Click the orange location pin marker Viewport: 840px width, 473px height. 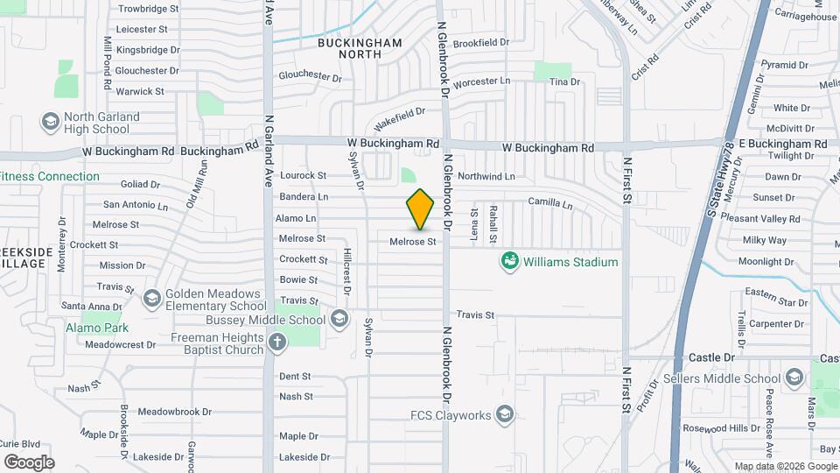pyautogui.click(x=421, y=208)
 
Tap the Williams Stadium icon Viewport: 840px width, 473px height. pyautogui.click(x=509, y=260)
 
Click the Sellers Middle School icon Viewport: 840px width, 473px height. pyautogui.click(x=794, y=378)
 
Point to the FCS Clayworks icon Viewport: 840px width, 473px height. pyautogui.click(x=505, y=414)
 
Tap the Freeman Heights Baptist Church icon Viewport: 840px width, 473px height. pyautogui.click(x=278, y=342)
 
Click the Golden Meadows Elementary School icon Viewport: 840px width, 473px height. pyautogui.click(x=153, y=299)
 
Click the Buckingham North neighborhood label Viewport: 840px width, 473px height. pyautogui.click(x=360, y=48)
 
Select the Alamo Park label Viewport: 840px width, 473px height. pyautogui.click(x=97, y=328)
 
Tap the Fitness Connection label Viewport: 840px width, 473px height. pyautogui.click(x=50, y=176)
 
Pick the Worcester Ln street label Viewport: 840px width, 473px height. pyautogui.click(x=481, y=81)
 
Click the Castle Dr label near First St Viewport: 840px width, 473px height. pyautogui.click(x=710, y=357)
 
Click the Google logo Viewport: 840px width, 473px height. pyautogui.click(x=29, y=462)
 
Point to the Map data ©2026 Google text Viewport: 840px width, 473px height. pyautogui.click(x=785, y=466)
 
